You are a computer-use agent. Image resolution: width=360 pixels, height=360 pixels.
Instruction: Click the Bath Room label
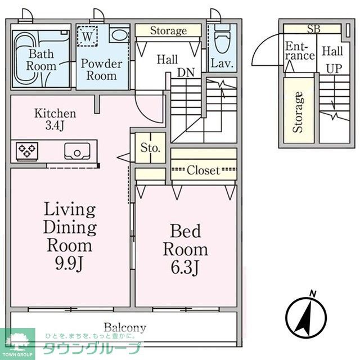click(41, 60)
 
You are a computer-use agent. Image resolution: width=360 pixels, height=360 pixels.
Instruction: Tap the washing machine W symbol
click(87, 36)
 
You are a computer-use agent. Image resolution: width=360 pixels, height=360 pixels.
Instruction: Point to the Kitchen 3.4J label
click(55, 119)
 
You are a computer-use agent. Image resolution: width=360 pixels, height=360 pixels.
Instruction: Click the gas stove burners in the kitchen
click(27, 151)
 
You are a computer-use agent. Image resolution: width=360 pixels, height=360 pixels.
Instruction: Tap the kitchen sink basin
click(77, 151)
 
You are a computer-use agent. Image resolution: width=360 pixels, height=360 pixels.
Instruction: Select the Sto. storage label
click(150, 147)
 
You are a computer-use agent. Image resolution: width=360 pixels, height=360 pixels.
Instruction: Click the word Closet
click(204, 170)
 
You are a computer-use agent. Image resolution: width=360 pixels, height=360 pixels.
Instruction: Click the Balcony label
click(125, 327)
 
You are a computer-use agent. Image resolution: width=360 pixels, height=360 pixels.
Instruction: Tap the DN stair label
click(186, 73)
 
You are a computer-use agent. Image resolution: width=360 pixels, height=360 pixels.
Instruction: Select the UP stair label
click(334, 69)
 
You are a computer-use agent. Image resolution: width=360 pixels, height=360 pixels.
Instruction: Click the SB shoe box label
click(314, 29)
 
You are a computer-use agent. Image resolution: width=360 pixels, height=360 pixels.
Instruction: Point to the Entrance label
click(300, 51)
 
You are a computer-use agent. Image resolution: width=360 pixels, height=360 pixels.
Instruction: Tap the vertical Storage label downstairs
click(298, 112)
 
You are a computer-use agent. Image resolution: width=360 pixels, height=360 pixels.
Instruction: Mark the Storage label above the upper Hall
click(168, 31)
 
